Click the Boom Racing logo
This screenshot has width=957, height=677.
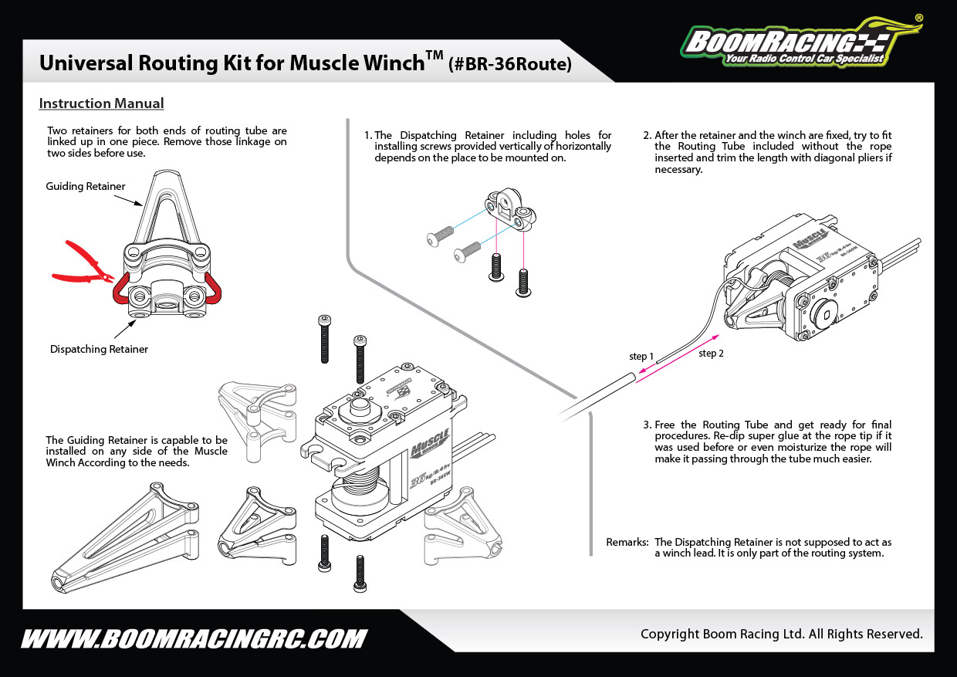[799, 42]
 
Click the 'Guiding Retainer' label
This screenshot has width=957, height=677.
[85, 186]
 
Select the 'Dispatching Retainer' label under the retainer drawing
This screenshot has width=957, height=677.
[99, 349]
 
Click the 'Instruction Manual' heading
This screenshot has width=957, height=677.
[101, 103]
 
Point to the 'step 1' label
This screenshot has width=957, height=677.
[641, 356]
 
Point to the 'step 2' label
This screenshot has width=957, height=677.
[711, 354]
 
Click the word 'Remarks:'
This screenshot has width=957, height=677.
[627, 542]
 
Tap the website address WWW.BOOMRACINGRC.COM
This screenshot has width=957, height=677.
[193, 639]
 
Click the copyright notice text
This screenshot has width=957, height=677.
[781, 634]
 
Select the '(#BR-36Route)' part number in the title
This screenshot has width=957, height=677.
[510, 65]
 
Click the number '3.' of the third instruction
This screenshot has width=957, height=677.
[647, 425]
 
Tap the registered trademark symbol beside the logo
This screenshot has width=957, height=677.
[918, 17]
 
